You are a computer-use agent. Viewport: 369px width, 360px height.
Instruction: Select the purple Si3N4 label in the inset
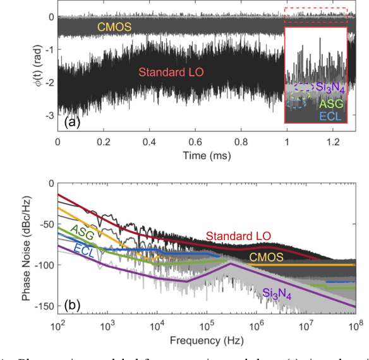point(329,88)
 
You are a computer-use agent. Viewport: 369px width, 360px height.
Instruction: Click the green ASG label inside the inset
point(332,103)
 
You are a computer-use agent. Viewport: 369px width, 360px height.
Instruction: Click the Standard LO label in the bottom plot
point(238,237)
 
